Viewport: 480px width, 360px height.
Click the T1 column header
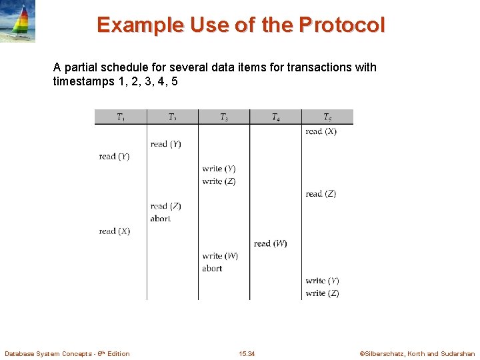click(121, 117)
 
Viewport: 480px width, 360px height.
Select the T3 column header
click(224, 117)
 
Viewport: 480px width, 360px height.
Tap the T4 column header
click(275, 117)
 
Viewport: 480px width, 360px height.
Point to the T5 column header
click(327, 117)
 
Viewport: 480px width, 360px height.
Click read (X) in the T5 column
click(321, 131)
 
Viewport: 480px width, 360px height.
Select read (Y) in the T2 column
click(165, 144)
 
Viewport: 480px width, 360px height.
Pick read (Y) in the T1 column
click(114, 157)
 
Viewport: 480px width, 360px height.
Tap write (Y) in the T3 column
click(219, 169)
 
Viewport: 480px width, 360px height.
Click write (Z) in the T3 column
click(219, 181)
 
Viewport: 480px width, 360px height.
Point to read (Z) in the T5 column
click(321, 194)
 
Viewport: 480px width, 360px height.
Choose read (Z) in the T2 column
click(165, 206)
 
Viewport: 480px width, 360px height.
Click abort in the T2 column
click(161, 219)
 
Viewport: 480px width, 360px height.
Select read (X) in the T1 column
click(114, 231)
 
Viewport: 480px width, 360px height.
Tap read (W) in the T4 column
click(270, 243)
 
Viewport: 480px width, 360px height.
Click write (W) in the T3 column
click(220, 256)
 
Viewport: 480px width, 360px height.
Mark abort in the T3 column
click(212, 269)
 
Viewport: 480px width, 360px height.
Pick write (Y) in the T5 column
click(322, 281)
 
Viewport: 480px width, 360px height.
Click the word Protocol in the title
click(342, 25)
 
